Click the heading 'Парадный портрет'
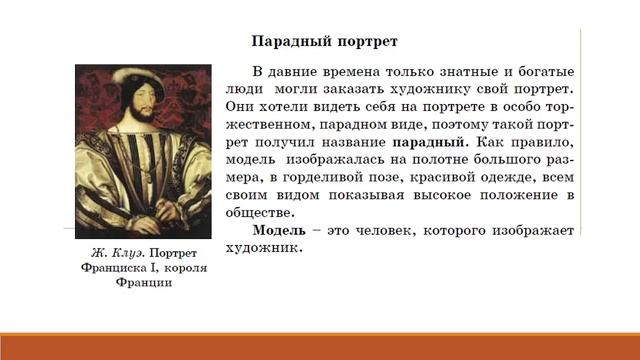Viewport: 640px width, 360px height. point(324,43)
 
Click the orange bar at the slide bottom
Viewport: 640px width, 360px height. point(320,347)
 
